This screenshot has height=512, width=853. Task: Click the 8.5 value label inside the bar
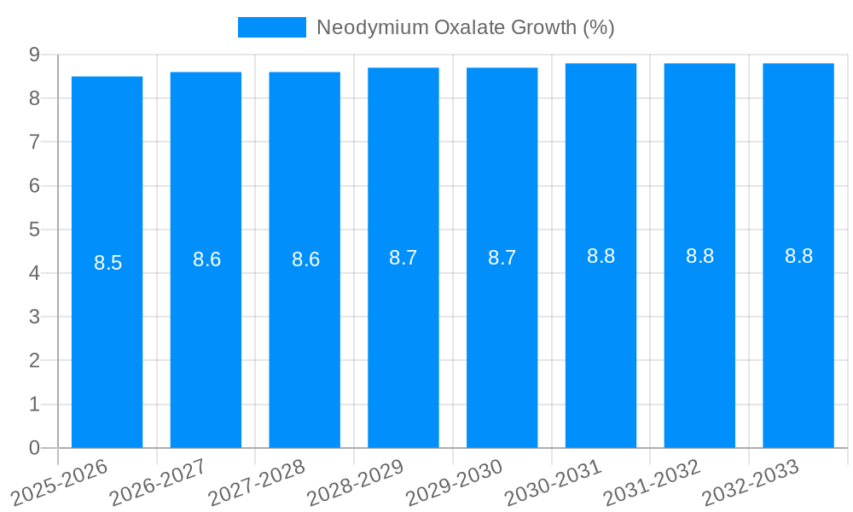pos(108,263)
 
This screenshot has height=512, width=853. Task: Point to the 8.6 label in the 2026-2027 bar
pos(206,260)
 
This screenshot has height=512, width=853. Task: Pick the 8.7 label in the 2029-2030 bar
pos(502,258)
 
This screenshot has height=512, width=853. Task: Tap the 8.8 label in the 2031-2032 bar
pos(699,256)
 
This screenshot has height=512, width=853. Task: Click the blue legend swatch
pos(271,27)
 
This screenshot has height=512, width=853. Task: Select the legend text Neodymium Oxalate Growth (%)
pos(465,27)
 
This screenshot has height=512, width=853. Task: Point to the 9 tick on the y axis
pos(34,55)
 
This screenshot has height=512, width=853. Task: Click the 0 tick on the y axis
pos(34,448)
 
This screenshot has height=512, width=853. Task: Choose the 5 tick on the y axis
pos(34,230)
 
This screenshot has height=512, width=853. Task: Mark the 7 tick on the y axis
pos(34,142)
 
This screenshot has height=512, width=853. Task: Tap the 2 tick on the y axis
pos(34,361)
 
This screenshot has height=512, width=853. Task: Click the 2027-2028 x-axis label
pos(257,481)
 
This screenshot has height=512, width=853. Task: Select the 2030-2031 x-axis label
pos(554,481)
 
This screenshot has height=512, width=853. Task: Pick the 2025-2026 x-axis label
pos(59,481)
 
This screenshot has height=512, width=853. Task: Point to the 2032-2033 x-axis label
pos(751,481)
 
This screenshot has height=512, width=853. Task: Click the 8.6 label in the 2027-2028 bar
pos(305,260)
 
